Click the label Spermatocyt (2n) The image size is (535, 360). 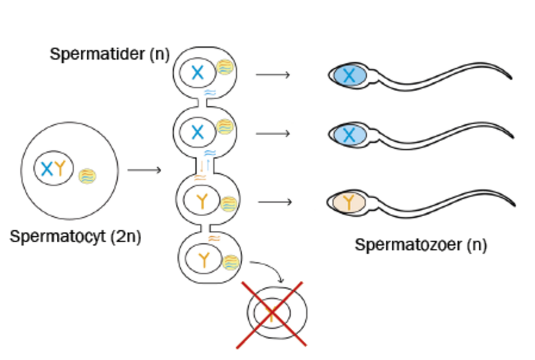76,237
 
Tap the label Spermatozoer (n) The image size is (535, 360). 421,245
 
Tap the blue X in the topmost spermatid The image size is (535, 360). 197,73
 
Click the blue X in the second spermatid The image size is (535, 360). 197,132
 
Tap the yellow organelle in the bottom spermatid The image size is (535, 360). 231,262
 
